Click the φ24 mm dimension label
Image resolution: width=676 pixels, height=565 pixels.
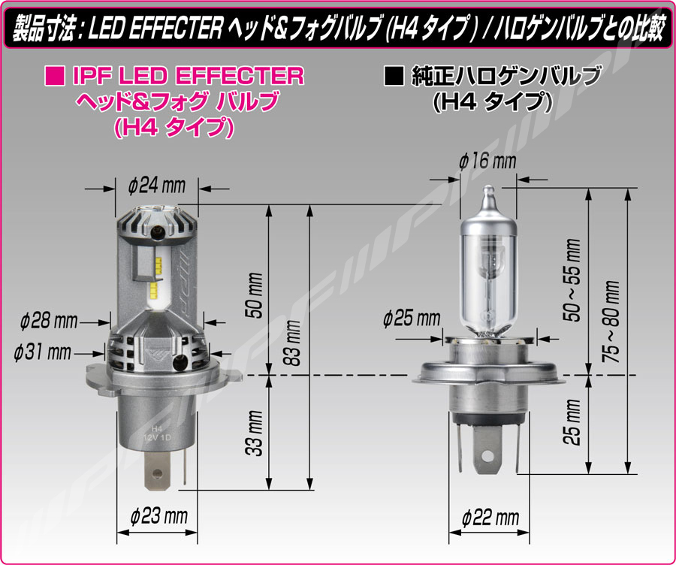coord(157,186)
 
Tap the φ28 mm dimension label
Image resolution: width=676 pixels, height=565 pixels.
coord(49,322)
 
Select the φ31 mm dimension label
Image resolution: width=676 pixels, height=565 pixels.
coord(42,352)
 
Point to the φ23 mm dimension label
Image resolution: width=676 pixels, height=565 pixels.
coord(158,516)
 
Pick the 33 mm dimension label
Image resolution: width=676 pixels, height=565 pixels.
coord(254,433)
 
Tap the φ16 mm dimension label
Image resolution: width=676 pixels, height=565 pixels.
coord(487,162)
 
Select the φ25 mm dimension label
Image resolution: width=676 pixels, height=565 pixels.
coord(412,319)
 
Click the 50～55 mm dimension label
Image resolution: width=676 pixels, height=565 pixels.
coord(572,280)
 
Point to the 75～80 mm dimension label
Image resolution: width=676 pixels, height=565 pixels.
coord(611,322)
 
